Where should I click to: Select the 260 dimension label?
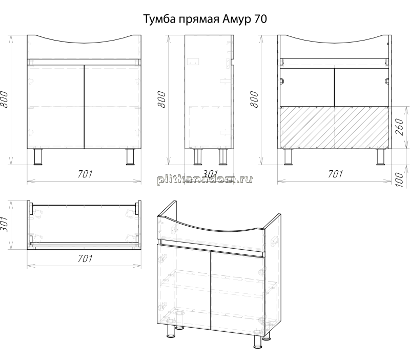(x=399, y=127)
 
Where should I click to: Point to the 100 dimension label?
(x=399, y=179)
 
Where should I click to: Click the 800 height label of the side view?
(x=162, y=99)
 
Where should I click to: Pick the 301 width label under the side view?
(x=211, y=174)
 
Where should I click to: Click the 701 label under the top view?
(x=85, y=258)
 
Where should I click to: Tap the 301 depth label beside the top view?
(x=4, y=225)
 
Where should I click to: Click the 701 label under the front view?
(x=85, y=174)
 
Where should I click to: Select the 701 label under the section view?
(x=336, y=174)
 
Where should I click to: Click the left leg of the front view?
(x=38, y=157)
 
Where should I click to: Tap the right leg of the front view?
(x=130, y=157)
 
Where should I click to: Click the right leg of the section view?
(x=381, y=157)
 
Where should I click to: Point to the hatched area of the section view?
(x=335, y=127)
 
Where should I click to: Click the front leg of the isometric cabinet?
(x=258, y=342)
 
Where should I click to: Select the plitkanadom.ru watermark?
(x=204, y=179)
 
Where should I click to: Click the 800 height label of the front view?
(x=4, y=99)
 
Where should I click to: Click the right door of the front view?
(x=113, y=107)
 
